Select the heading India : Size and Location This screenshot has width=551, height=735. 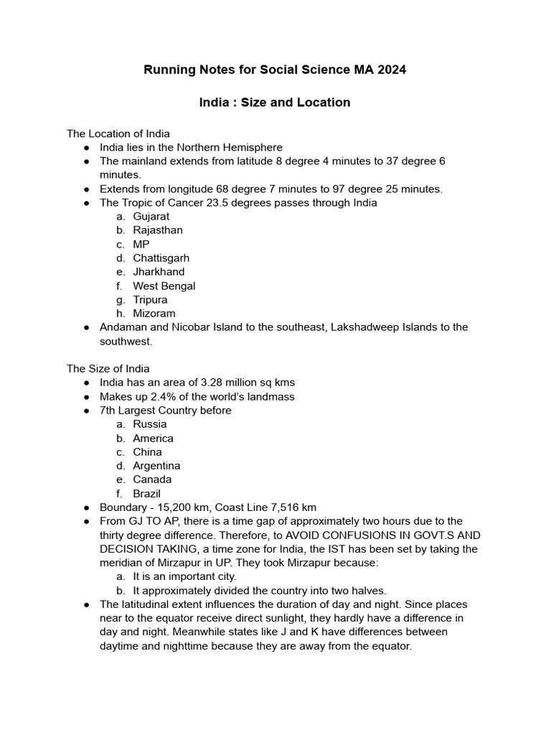pos(275,103)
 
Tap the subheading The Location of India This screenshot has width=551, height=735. pos(118,134)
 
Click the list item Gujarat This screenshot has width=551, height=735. pos(151,216)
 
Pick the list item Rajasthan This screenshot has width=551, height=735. pos(158,230)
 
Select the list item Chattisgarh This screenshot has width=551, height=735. pos(161,258)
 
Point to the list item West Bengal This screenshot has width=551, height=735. pos(164,286)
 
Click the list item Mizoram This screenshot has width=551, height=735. pos(154,314)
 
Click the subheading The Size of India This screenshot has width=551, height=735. pos(108,369)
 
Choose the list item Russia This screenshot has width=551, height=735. pos(150,424)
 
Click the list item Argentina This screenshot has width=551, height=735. pos(156,466)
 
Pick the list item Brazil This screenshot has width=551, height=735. pos(147,494)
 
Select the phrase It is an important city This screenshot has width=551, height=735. pos(184,576)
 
